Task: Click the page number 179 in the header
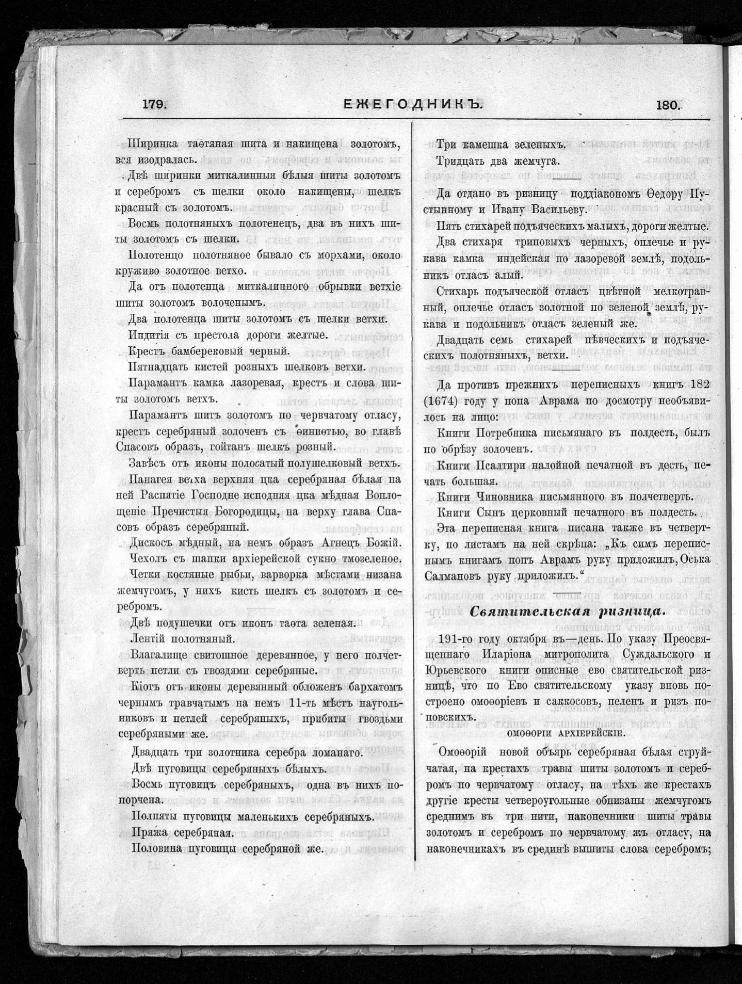point(154,104)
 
